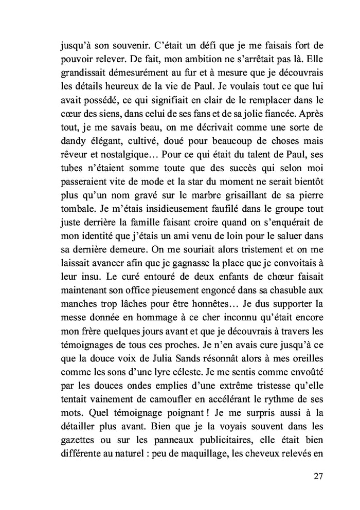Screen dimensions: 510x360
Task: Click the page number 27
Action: point(317,475)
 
